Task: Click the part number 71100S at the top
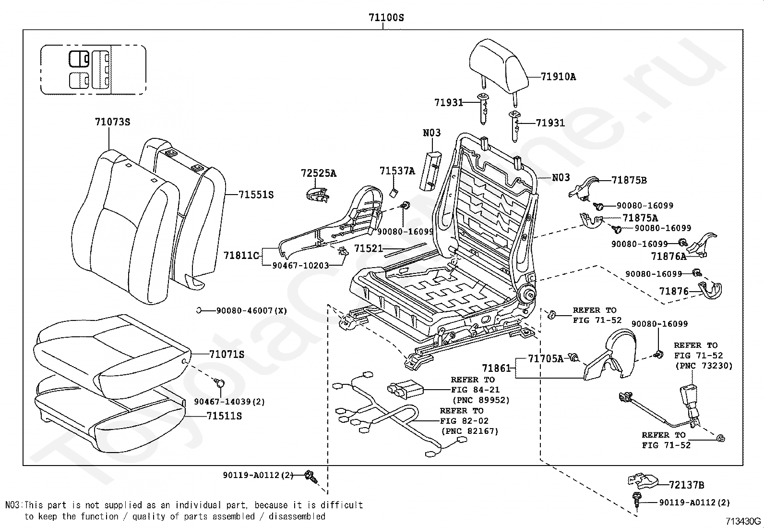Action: click(386, 17)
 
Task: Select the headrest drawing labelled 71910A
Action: click(498, 68)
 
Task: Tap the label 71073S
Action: click(113, 122)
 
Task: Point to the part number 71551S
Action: click(256, 195)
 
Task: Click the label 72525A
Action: click(319, 173)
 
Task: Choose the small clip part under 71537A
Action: click(394, 193)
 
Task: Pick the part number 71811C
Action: click(241, 255)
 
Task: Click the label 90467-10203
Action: click(300, 265)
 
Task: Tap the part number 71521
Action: click(369, 248)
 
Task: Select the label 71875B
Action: click(629, 180)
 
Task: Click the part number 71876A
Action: click(668, 256)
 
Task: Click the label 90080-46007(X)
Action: click(252, 311)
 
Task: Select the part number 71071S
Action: click(227, 354)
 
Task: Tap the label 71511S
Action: click(224, 416)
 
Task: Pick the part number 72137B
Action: click(686, 485)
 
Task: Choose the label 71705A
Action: click(546, 358)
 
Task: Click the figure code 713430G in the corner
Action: click(743, 521)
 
